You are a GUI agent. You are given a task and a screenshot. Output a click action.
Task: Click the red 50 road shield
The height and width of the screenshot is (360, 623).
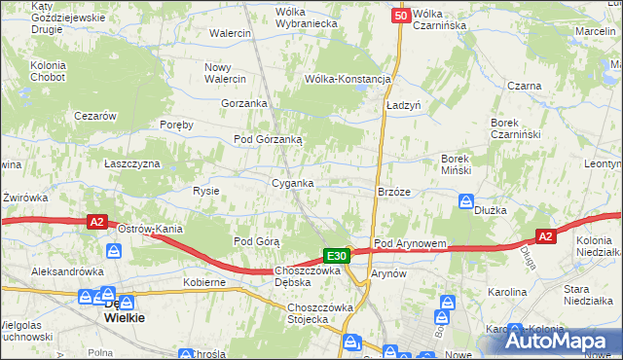click(401, 16)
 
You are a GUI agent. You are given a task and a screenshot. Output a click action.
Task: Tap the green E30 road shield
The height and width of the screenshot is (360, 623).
click(336, 255)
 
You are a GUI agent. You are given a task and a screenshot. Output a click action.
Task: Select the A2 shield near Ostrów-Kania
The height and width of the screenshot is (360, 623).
click(96, 222)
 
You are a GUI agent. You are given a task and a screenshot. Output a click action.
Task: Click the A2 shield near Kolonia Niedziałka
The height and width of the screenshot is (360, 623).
click(546, 236)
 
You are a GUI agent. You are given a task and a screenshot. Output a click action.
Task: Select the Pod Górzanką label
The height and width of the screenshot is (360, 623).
click(268, 139)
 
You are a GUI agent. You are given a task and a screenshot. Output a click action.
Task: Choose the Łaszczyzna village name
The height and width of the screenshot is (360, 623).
click(132, 163)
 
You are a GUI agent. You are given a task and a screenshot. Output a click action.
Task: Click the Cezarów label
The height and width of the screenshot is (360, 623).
click(95, 116)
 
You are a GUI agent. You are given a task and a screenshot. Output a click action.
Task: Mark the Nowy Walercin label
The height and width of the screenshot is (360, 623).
click(225, 73)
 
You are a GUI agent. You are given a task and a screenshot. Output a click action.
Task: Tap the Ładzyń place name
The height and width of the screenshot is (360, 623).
click(402, 104)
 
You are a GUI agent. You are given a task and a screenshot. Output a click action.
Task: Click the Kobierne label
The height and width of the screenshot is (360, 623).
click(204, 282)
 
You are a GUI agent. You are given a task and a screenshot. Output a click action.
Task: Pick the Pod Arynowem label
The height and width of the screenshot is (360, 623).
click(410, 243)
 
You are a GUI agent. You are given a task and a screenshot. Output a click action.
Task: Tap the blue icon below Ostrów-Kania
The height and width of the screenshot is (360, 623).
click(115, 251)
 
